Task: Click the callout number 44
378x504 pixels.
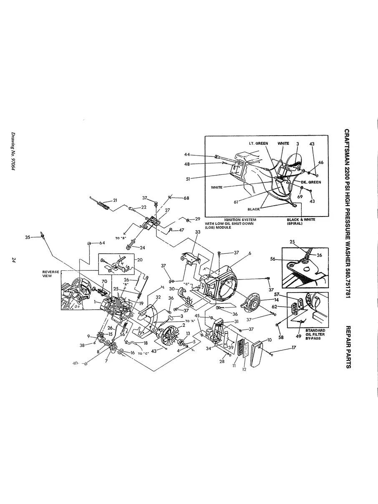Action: point(187,154)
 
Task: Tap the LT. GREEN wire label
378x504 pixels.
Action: point(258,144)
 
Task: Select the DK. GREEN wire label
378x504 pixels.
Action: point(311,182)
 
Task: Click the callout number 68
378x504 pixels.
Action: point(186,198)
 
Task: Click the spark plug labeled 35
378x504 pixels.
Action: point(43,236)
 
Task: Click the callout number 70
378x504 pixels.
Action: point(104,281)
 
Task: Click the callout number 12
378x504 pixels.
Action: point(244,369)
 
